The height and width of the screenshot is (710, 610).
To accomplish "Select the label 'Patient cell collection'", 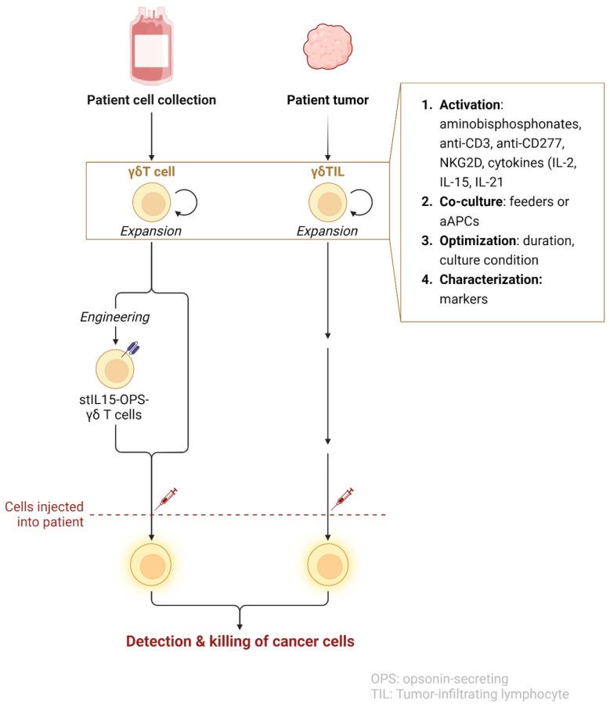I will (151, 99).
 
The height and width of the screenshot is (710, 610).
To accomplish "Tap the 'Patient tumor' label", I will (327, 99).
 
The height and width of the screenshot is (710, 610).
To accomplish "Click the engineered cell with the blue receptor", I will (114, 372).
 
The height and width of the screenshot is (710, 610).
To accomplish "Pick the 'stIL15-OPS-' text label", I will (115, 407).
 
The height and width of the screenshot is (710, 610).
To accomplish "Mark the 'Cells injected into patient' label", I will (45, 514).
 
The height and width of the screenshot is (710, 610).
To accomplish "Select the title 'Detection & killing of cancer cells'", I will (240, 641).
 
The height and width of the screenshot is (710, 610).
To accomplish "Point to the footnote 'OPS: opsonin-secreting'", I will (441, 678).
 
